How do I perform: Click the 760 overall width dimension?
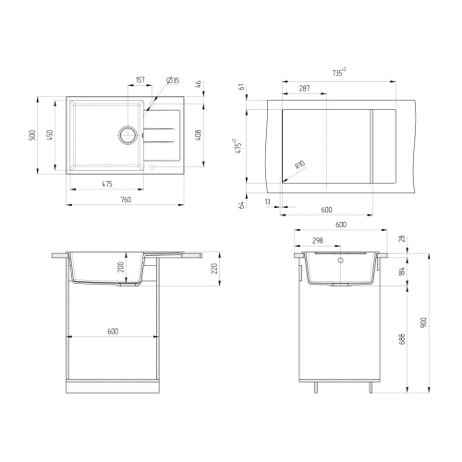tap(126, 200)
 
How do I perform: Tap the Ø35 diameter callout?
tap(173, 80)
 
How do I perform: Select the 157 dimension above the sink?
tap(140, 80)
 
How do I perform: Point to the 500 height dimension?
tap(32, 135)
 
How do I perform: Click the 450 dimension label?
tap(50, 135)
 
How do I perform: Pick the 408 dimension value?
tap(199, 135)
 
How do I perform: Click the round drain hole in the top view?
tap(128, 135)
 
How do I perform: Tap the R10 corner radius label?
tap(299, 164)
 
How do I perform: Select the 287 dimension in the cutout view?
tap(304, 89)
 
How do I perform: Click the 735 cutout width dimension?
tap(339, 73)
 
